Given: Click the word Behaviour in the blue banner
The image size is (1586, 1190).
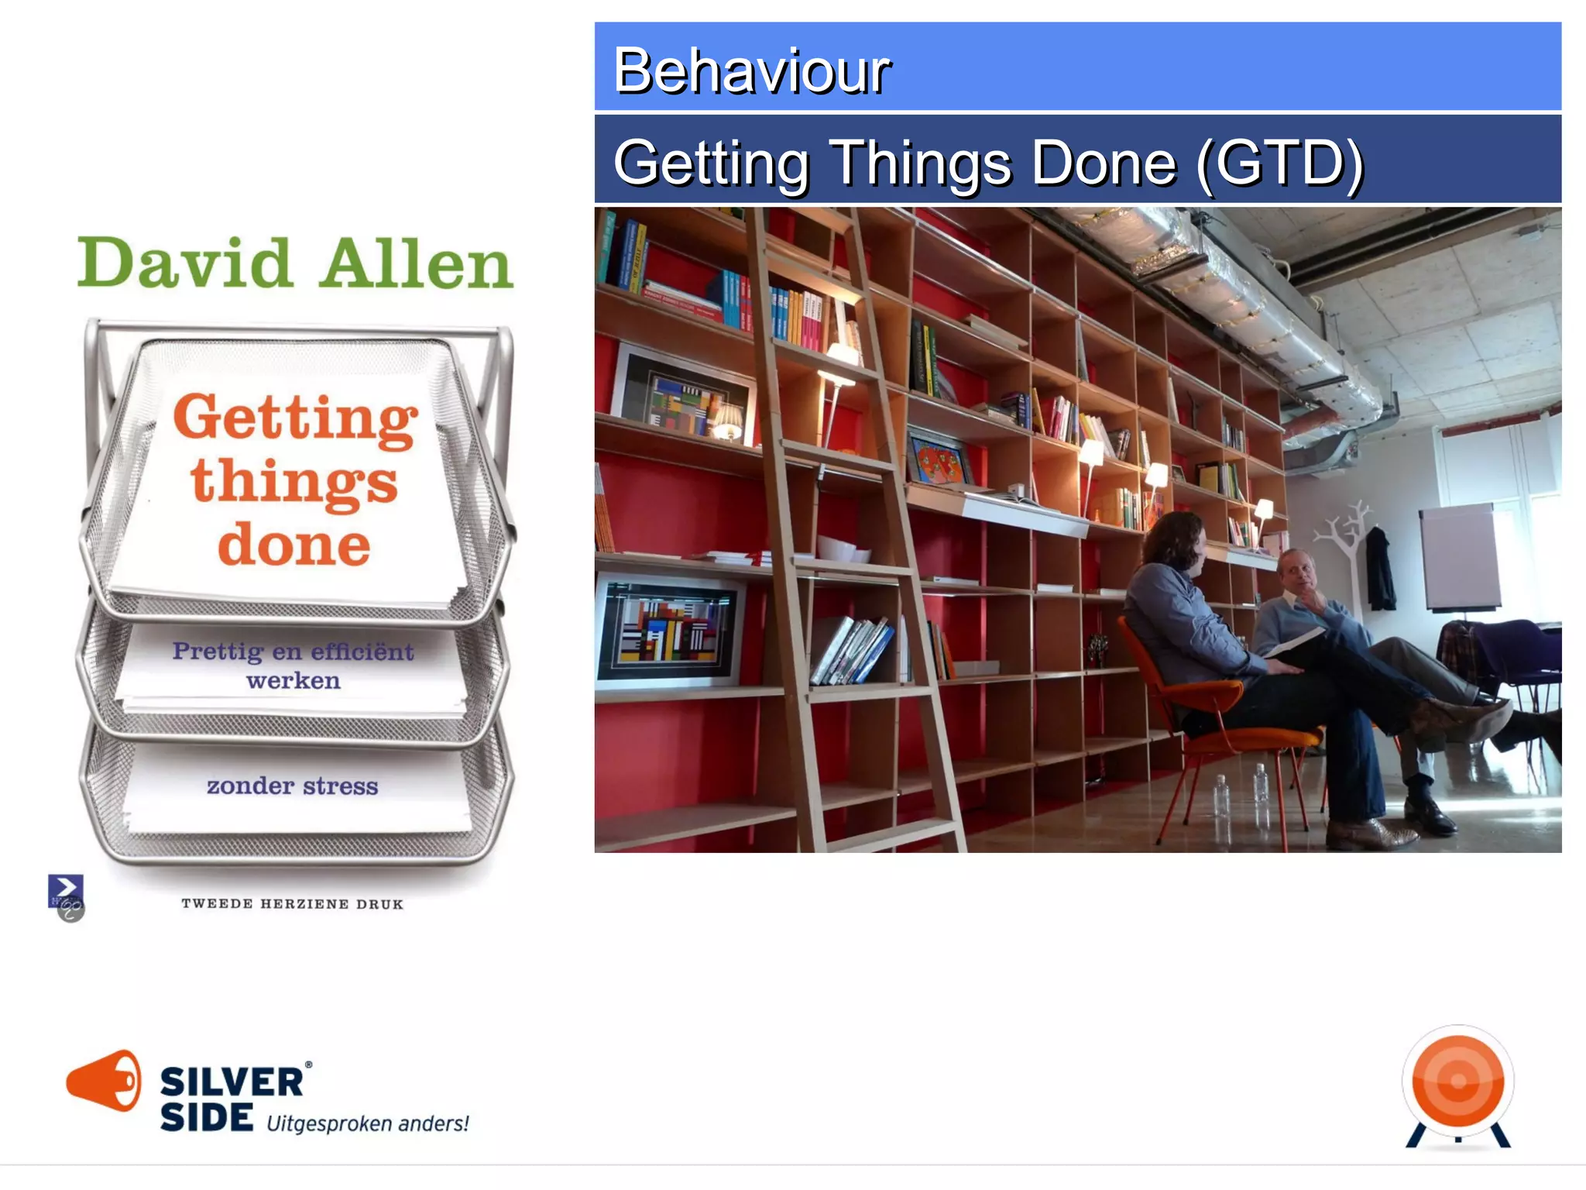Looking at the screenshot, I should (x=751, y=71).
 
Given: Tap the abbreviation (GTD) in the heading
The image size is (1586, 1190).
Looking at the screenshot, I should (x=1279, y=163).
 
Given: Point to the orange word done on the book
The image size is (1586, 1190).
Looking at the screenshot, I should (x=294, y=545).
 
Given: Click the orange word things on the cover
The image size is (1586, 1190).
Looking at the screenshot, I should (x=294, y=482).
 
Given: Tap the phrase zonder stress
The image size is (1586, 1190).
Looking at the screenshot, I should (x=293, y=786).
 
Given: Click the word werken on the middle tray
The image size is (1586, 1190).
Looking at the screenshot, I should (x=294, y=681).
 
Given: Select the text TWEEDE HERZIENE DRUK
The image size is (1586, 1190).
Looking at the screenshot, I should (x=293, y=904).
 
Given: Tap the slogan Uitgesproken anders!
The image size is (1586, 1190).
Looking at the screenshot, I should (x=368, y=1123).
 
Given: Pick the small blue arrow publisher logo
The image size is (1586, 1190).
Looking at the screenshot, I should (x=66, y=891).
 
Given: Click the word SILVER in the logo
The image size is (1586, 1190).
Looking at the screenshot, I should (x=232, y=1082).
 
